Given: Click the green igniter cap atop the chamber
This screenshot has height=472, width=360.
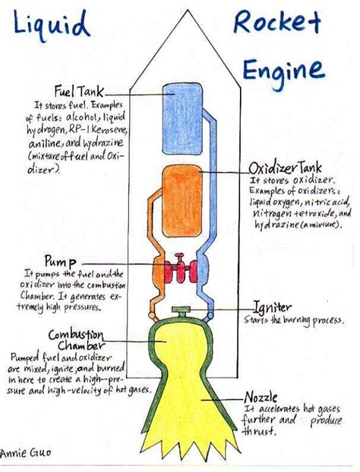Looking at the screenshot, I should tap(181, 310).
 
